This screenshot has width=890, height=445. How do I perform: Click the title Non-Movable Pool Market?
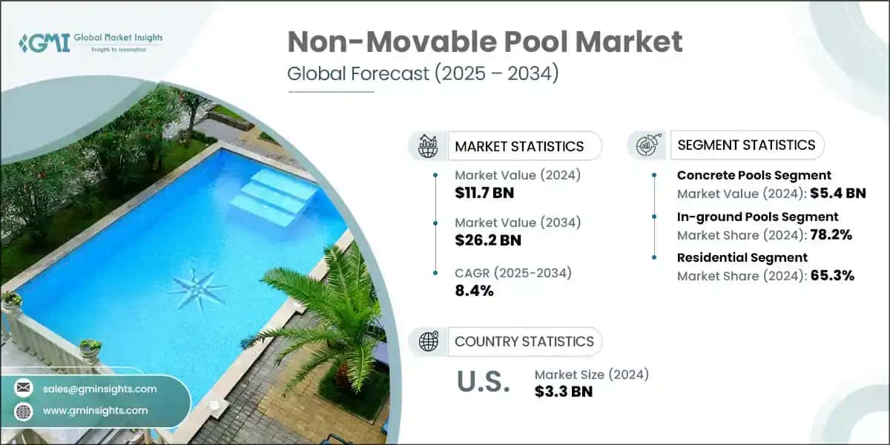tap(485, 43)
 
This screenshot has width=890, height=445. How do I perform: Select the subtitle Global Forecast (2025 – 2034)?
tap(423, 74)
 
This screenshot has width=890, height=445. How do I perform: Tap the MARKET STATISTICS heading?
tap(519, 146)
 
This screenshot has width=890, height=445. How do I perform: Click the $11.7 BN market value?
tap(484, 194)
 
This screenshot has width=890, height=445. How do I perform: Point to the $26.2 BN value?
tap(488, 240)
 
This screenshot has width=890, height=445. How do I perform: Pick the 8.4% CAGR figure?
tap(474, 290)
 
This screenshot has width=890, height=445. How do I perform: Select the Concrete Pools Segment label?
tap(754, 176)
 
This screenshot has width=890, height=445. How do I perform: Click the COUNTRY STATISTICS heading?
tap(524, 341)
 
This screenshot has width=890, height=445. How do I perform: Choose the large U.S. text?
tap(482, 382)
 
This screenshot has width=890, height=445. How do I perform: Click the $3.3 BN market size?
tap(564, 392)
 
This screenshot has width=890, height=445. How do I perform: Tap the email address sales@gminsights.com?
tap(100, 389)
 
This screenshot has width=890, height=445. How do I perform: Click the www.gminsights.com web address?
tap(96, 410)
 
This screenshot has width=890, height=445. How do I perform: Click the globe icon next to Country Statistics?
tap(429, 341)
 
